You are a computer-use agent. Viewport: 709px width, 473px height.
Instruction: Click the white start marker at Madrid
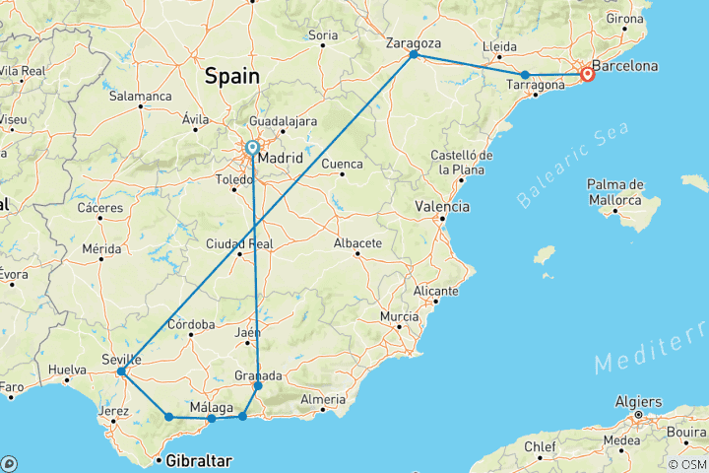click(252, 148)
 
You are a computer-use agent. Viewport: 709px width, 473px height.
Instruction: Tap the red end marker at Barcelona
click(588, 74)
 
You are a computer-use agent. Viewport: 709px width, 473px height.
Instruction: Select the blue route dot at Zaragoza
click(414, 54)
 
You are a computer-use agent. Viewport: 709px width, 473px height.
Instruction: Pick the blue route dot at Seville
click(120, 372)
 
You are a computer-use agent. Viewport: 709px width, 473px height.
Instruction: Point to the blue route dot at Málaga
click(211, 419)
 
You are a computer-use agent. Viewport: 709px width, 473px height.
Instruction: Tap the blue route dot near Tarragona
click(525, 75)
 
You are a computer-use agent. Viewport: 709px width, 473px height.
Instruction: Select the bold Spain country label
click(231, 76)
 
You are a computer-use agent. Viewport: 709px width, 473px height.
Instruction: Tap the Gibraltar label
click(199, 460)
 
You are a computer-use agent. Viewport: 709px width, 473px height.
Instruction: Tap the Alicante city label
click(436, 292)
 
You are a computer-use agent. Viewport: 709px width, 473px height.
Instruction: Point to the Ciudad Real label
click(239, 244)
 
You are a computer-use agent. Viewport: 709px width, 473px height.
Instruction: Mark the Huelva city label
click(67, 371)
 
